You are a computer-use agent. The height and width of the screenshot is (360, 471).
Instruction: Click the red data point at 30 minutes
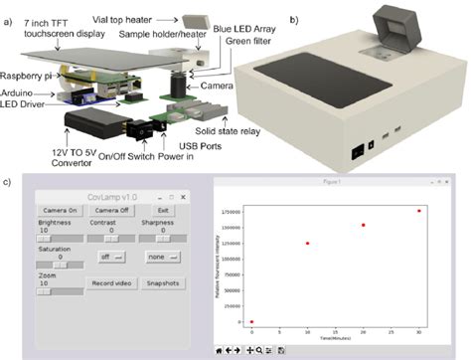coord(418,211)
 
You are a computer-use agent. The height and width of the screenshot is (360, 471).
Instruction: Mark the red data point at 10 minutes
coord(308,244)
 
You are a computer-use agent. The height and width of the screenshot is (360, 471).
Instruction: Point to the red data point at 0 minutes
coord(252,322)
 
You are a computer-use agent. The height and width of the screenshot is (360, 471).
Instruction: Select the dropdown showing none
coord(161,256)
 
